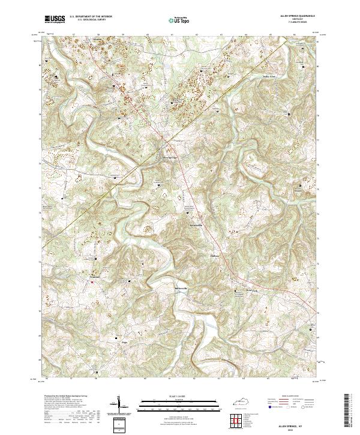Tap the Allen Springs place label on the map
click(x=170, y=158)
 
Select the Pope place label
click(x=125, y=340)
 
